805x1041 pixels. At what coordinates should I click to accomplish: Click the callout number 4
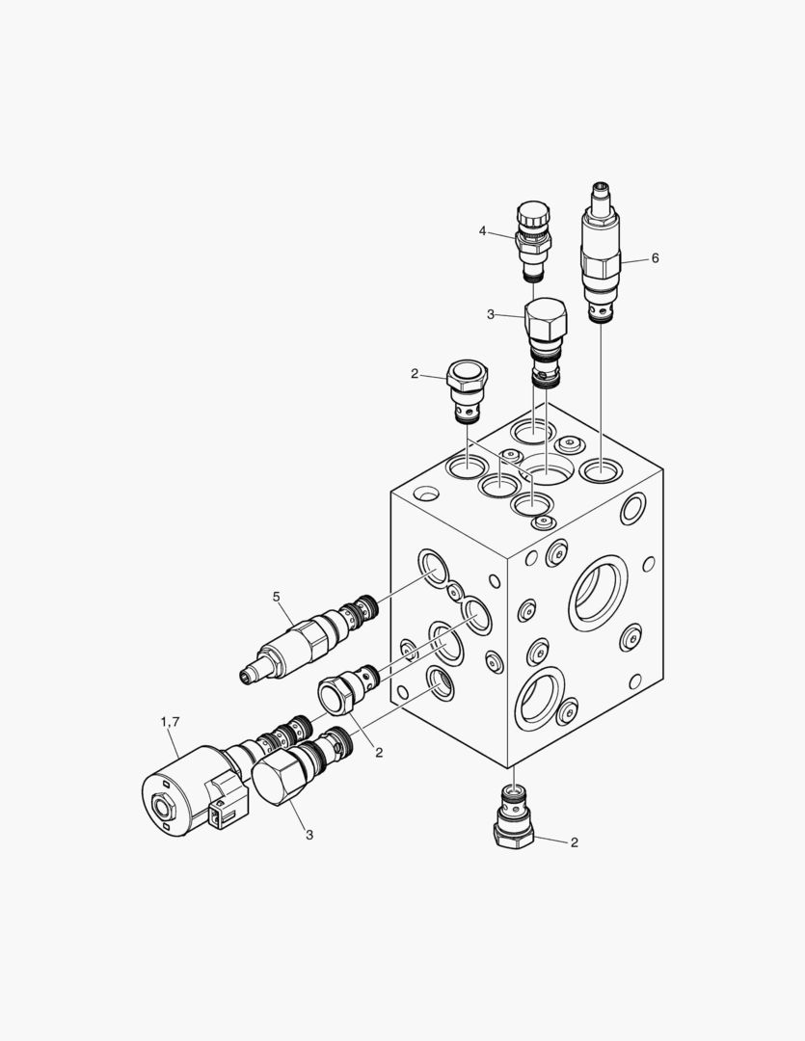pos(482,230)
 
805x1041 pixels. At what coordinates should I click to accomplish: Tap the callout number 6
pos(655,257)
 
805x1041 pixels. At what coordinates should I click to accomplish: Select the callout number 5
pos(277,597)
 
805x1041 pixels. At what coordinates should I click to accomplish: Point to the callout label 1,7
pos(170,721)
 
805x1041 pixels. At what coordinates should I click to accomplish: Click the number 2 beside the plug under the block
pos(575,841)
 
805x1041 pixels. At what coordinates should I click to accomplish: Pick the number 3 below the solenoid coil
pos(309,835)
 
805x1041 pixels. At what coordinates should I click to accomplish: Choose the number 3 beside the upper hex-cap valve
pos(490,314)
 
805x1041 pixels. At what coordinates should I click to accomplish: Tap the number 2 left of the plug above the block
pos(415,374)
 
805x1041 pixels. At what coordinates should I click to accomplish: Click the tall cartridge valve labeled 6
pos(601,253)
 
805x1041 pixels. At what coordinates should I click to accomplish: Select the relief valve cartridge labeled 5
pos(309,638)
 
